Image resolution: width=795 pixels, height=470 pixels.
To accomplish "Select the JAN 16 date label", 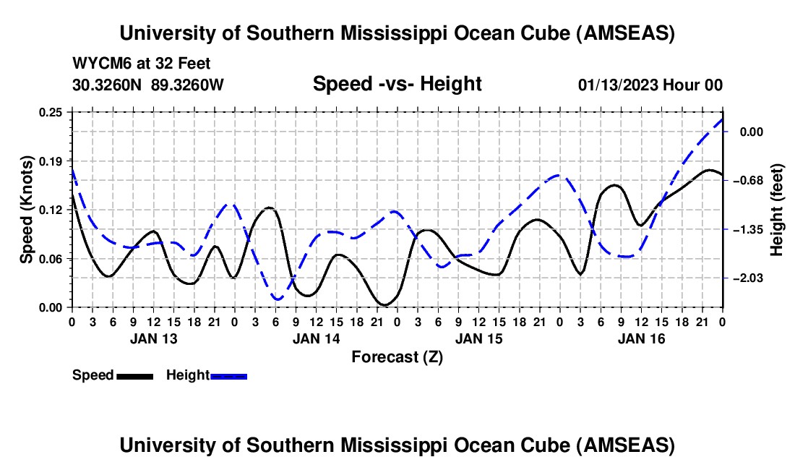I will [641, 338].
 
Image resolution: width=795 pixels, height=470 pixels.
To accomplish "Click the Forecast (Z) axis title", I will [397, 356].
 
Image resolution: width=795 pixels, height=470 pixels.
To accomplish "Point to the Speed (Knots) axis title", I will [27, 210].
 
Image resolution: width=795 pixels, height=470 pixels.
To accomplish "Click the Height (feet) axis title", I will [777, 210].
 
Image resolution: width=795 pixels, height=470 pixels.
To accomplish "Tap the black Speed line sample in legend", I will [134, 375].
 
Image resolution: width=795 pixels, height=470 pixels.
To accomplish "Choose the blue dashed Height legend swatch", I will [229, 375].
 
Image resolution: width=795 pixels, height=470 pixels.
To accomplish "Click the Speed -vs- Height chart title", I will [397, 84].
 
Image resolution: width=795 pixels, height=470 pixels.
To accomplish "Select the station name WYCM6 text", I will [98, 64].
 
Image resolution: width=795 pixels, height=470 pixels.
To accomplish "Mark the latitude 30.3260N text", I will [108, 85].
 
